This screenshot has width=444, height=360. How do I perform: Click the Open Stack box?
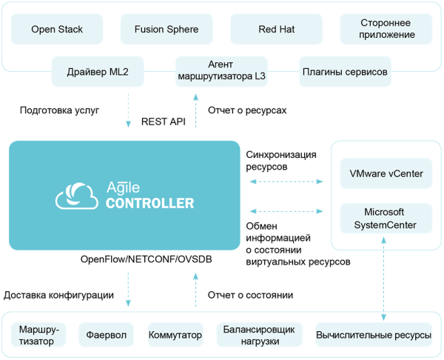point(57,30)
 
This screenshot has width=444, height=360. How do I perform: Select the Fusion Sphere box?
point(166,30)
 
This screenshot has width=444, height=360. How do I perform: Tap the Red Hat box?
point(276,30)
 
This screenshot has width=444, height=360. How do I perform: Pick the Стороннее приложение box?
point(387,30)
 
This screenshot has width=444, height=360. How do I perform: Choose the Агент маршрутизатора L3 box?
point(221,71)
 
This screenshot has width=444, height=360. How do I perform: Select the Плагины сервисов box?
point(345,72)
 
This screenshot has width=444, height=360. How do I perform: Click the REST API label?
point(163,121)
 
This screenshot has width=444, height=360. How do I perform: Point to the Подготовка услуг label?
point(59,110)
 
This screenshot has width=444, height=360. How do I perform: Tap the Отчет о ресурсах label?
point(247,110)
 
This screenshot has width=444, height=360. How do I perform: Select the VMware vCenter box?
point(386,173)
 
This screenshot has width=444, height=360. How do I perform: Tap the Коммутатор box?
point(175,335)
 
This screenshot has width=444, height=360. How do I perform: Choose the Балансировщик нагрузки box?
point(260,335)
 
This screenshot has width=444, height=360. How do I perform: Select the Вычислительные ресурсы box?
point(374,335)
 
